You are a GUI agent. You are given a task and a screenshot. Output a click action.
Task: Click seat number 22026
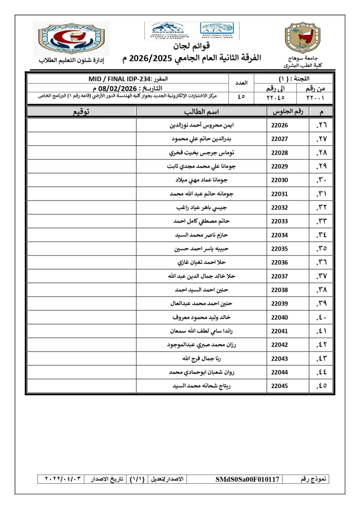(x=280, y=125)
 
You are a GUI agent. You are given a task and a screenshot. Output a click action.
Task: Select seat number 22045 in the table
(x=280, y=386)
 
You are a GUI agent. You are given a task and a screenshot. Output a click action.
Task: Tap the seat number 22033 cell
(x=280, y=221)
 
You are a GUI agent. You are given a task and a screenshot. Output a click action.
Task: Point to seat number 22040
(x=280, y=317)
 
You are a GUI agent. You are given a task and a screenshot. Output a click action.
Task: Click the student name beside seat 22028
(x=200, y=153)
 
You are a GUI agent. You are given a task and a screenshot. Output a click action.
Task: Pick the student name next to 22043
(x=200, y=359)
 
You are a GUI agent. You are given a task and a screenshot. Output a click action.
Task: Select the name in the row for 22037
(x=200, y=276)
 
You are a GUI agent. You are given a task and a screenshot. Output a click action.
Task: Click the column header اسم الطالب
(x=201, y=112)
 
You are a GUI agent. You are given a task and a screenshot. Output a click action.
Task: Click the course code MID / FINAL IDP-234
(x=123, y=79)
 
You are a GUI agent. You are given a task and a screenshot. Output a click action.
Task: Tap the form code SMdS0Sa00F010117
(x=247, y=479)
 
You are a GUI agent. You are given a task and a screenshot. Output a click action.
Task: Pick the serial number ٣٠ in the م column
(x=322, y=180)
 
